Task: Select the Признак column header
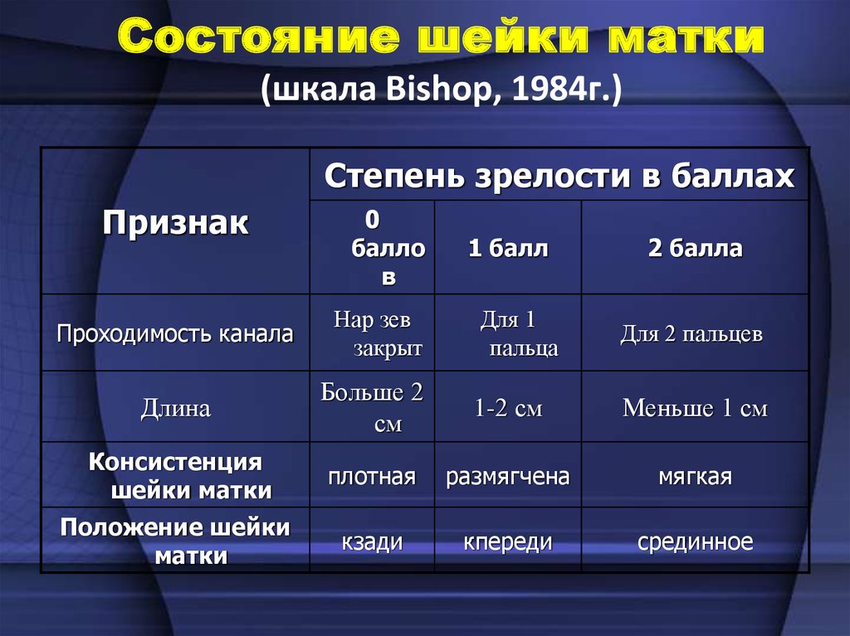[x=175, y=223]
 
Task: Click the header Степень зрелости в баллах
[x=559, y=176]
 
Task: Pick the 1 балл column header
[x=508, y=248]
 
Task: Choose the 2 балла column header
[x=695, y=248]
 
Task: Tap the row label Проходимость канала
[x=175, y=333]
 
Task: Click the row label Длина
[x=176, y=408]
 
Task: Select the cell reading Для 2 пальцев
[x=691, y=333]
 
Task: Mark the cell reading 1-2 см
[x=508, y=408]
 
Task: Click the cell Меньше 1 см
[x=695, y=408]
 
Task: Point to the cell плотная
[x=372, y=477]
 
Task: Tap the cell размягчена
[x=508, y=477]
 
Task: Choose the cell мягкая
[x=695, y=477]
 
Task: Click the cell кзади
[x=372, y=541]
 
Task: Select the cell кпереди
[x=508, y=541]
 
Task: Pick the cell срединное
[x=695, y=541]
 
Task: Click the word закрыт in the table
[x=388, y=348]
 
